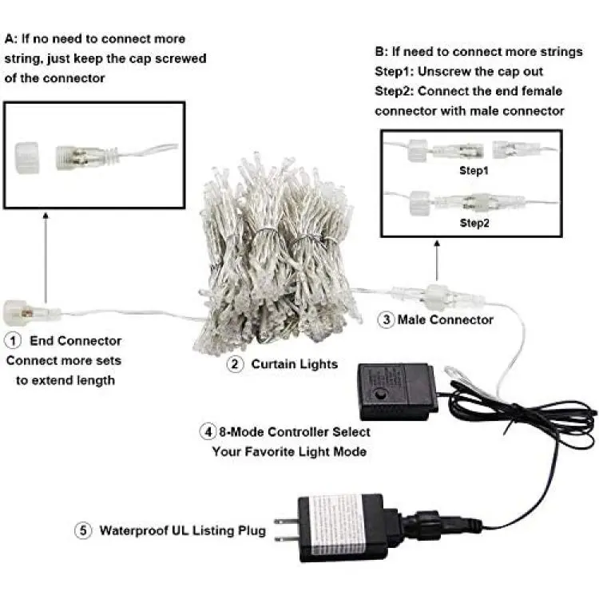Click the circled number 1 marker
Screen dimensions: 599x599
13,340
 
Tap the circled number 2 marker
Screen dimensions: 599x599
235,364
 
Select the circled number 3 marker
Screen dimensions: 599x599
386,319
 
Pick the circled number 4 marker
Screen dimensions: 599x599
208,431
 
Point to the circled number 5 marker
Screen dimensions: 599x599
83,530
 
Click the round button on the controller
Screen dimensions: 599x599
380,394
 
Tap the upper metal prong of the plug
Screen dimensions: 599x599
286,522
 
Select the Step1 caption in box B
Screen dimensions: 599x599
474,170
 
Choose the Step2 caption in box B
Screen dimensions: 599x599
474,223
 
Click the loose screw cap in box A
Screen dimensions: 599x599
26,157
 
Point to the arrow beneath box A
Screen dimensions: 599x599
46,258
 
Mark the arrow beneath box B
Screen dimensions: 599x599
437,260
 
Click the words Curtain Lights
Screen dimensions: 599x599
295,364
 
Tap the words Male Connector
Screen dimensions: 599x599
446,319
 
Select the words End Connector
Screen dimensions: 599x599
76,340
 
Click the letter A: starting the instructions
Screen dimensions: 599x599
11,39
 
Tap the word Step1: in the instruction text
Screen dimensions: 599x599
395,71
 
